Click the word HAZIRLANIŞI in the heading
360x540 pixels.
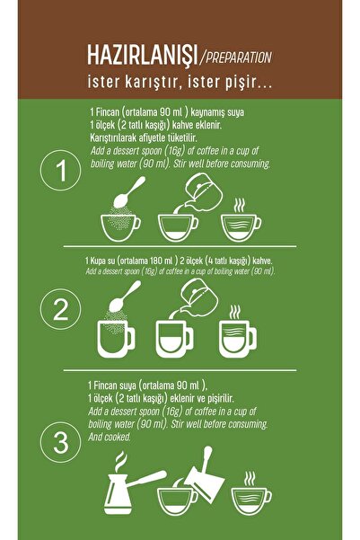click(142, 55)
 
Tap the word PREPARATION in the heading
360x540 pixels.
click(239, 58)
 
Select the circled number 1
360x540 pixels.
click(60, 170)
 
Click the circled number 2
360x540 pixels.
click(60, 309)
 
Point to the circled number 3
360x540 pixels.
click(60, 442)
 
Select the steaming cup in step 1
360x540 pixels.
click(241, 220)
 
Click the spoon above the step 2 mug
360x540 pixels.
click(124, 297)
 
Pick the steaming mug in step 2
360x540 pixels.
click(238, 332)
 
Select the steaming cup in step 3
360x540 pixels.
click(250, 493)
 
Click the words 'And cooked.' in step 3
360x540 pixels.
click(110, 437)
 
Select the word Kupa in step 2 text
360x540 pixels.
click(97, 261)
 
